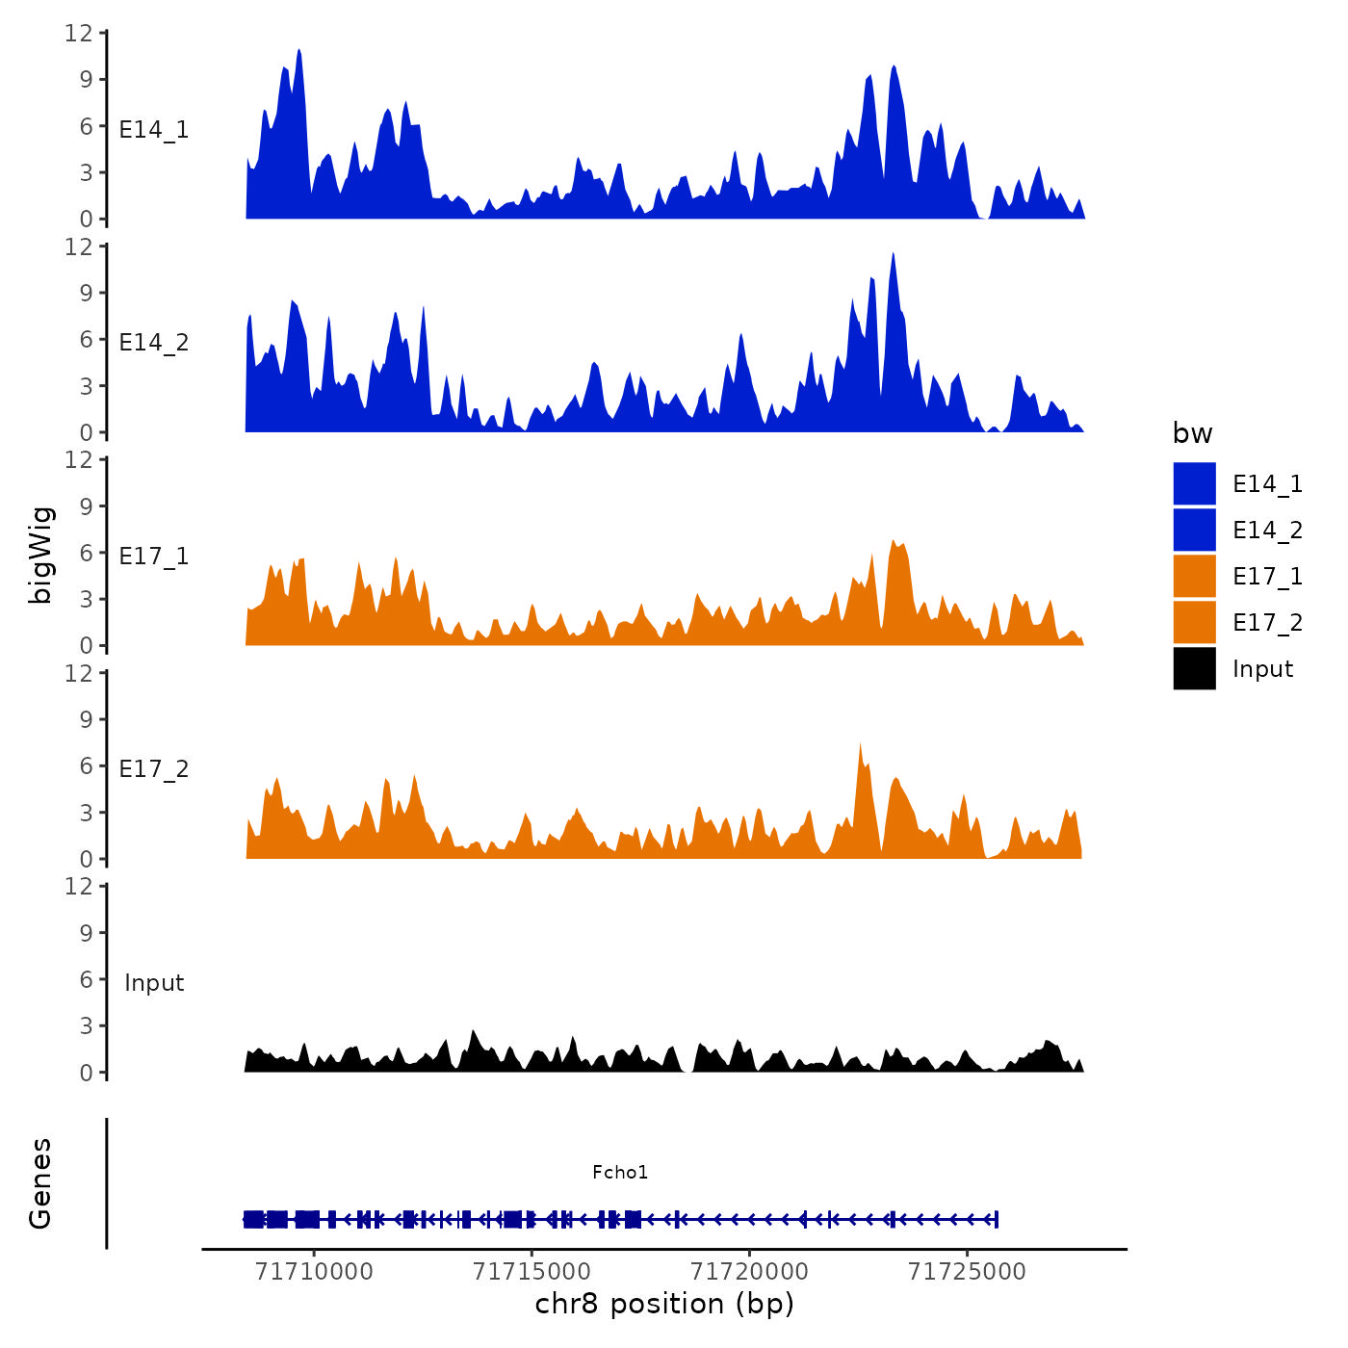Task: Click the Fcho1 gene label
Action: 620,1172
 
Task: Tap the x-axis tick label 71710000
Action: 314,1272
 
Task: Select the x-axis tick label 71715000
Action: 531,1272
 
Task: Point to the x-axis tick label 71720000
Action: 749,1272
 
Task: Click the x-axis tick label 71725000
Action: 967,1272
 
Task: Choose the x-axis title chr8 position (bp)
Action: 664,1304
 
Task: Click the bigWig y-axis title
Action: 40,555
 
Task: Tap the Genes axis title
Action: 40,1183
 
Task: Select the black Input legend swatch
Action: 1194,668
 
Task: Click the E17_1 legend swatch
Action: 1194,576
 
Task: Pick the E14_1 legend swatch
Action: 1194,483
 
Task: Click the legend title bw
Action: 1192,433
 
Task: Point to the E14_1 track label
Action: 154,129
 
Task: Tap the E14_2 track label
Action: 154,342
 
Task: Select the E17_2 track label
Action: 154,768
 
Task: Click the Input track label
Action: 154,982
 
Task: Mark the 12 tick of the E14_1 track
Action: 79,33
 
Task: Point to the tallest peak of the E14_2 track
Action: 894,254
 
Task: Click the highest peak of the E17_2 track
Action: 860,745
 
